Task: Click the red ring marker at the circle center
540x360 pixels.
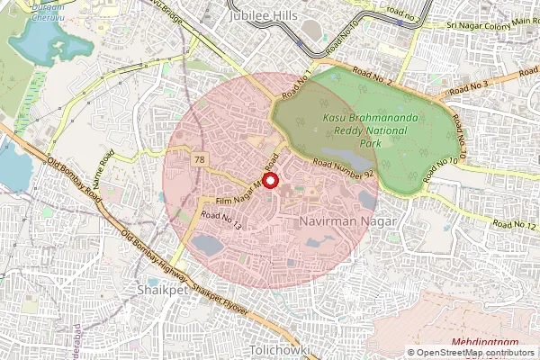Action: [270, 181]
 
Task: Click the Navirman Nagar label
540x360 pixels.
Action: [336, 219]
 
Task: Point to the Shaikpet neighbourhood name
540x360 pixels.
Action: [162, 290]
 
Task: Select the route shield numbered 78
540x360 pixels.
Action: [197, 159]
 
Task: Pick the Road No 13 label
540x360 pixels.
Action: [221, 220]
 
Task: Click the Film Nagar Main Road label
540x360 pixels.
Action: [245, 191]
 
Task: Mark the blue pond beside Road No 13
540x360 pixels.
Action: [207, 245]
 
